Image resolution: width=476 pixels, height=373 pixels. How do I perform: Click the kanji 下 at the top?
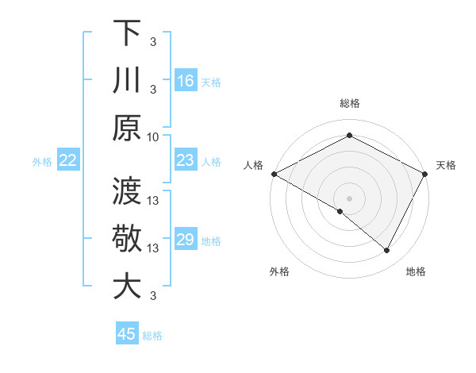(x=127, y=33)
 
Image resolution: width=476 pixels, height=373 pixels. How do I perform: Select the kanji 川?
(x=127, y=80)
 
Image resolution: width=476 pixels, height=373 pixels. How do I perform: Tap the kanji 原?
(x=127, y=128)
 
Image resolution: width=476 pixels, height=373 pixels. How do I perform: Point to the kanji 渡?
(x=127, y=191)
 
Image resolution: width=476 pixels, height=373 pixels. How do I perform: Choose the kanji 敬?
(x=127, y=239)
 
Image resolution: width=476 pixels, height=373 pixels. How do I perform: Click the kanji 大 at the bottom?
(x=127, y=286)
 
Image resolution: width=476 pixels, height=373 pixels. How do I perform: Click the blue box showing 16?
(x=186, y=80)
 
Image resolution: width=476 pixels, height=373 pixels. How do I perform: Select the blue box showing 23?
(x=186, y=160)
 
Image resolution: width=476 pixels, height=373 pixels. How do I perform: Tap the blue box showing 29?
(x=186, y=240)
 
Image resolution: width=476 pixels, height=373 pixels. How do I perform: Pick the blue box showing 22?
(x=67, y=160)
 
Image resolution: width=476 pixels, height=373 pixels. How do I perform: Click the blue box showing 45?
(x=127, y=334)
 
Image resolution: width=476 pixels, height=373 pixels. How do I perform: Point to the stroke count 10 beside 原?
(x=153, y=137)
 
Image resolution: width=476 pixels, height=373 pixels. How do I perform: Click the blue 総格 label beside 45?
(x=152, y=335)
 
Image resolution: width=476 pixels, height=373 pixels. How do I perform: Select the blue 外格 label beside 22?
(x=42, y=161)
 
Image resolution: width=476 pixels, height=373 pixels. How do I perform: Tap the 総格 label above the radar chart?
(x=349, y=103)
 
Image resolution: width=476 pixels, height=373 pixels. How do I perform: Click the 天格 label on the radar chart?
(x=446, y=165)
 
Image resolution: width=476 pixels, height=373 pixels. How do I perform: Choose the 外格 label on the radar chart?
(x=279, y=271)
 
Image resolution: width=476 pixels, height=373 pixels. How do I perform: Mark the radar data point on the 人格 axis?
(x=274, y=174)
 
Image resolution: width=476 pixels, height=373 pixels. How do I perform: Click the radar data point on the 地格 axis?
(x=387, y=251)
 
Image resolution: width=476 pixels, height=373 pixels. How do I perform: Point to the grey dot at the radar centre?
(x=349, y=198)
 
